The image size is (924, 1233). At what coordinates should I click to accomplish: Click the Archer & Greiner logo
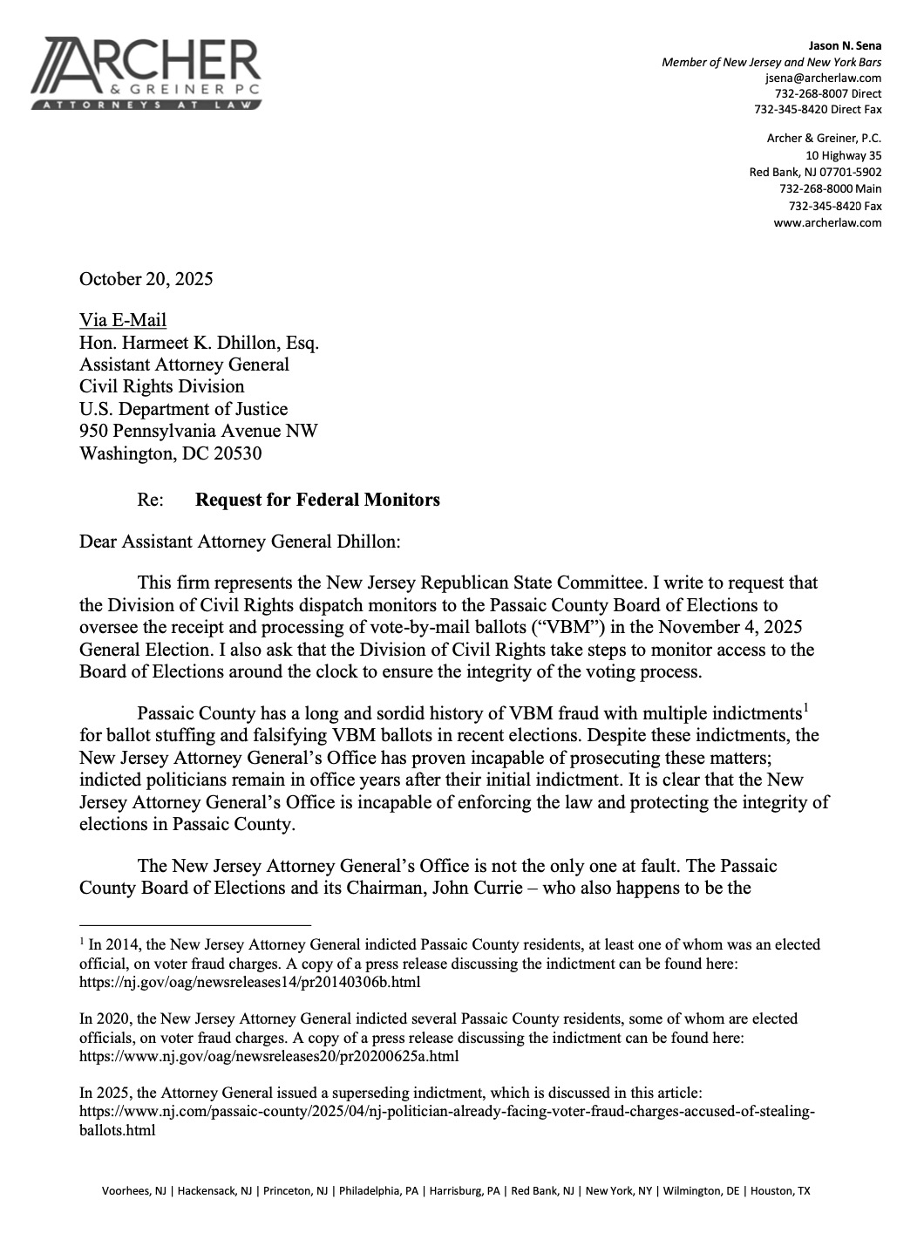(x=146, y=73)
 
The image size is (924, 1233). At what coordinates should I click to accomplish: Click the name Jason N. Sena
(x=846, y=45)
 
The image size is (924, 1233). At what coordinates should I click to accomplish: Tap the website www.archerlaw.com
(x=827, y=222)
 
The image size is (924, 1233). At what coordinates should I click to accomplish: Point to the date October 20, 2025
(x=146, y=279)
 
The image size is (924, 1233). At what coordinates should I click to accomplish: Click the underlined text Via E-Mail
(x=122, y=320)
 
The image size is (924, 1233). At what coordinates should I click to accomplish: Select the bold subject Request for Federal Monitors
(x=317, y=500)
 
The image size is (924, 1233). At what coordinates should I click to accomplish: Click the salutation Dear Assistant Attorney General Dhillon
(x=240, y=542)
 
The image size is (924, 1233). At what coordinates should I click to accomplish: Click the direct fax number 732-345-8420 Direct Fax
(x=818, y=109)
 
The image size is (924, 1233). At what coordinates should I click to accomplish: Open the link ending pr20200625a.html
(x=269, y=1057)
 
